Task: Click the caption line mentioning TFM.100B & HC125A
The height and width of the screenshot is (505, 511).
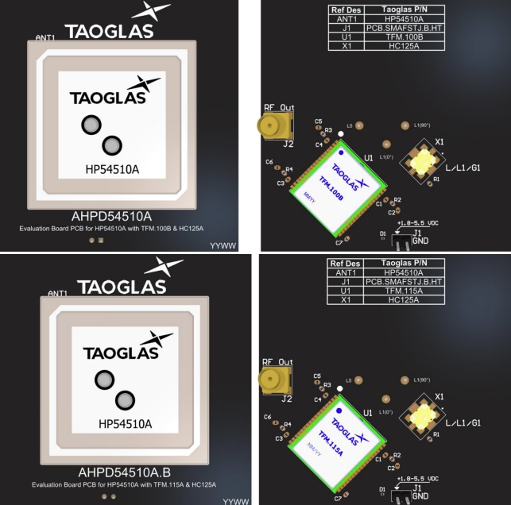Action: (x=112, y=229)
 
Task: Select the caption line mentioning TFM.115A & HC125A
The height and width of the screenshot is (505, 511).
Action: (x=124, y=484)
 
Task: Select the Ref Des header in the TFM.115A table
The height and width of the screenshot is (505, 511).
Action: (x=344, y=263)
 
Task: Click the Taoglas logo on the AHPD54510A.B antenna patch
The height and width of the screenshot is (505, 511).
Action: (x=125, y=349)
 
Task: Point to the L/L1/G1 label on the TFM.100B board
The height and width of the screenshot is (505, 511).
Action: (x=463, y=168)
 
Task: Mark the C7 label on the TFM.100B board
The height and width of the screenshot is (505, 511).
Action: (x=339, y=242)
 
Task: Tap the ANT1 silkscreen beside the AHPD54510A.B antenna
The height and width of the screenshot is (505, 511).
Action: (x=58, y=294)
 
